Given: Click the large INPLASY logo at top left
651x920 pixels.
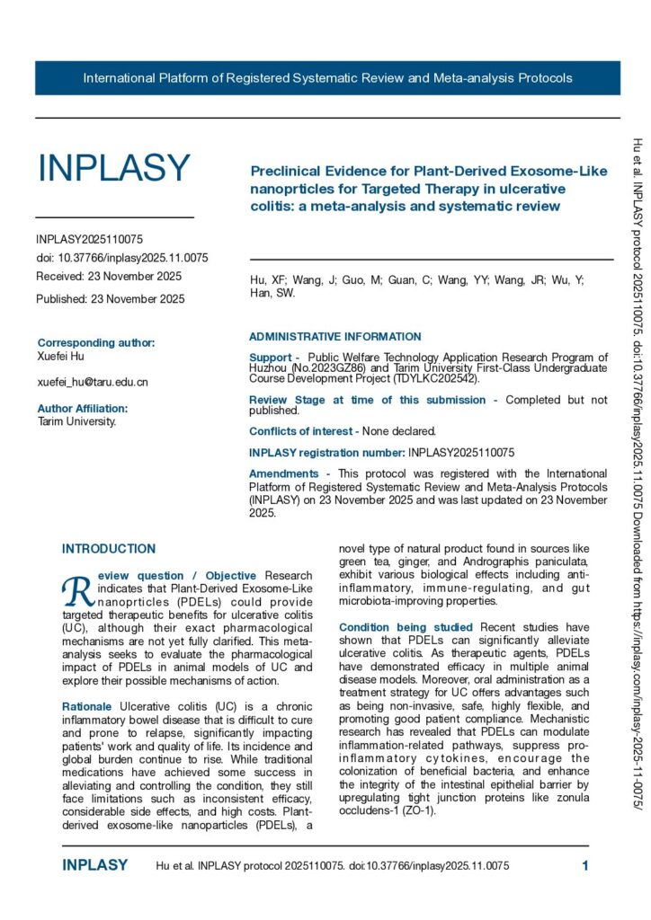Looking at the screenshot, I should (113, 169).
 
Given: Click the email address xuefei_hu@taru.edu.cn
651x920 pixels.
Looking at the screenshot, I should (93, 382).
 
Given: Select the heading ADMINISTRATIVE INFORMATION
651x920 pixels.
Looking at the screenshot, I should (334, 337).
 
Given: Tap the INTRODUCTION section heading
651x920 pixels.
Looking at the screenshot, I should (109, 549).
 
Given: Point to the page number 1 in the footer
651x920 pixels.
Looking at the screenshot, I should (585, 866).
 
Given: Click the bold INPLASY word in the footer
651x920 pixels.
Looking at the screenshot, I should (95, 866).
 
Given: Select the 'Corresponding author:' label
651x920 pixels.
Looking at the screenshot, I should (96, 342).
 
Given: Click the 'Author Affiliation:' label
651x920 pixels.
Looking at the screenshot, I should (83, 408).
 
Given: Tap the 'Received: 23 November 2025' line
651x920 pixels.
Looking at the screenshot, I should (109, 276).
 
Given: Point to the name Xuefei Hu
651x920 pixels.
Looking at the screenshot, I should (61, 357).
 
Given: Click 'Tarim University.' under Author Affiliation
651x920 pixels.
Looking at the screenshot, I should (76, 420).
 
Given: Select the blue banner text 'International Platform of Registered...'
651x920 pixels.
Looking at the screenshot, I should (327, 78).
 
